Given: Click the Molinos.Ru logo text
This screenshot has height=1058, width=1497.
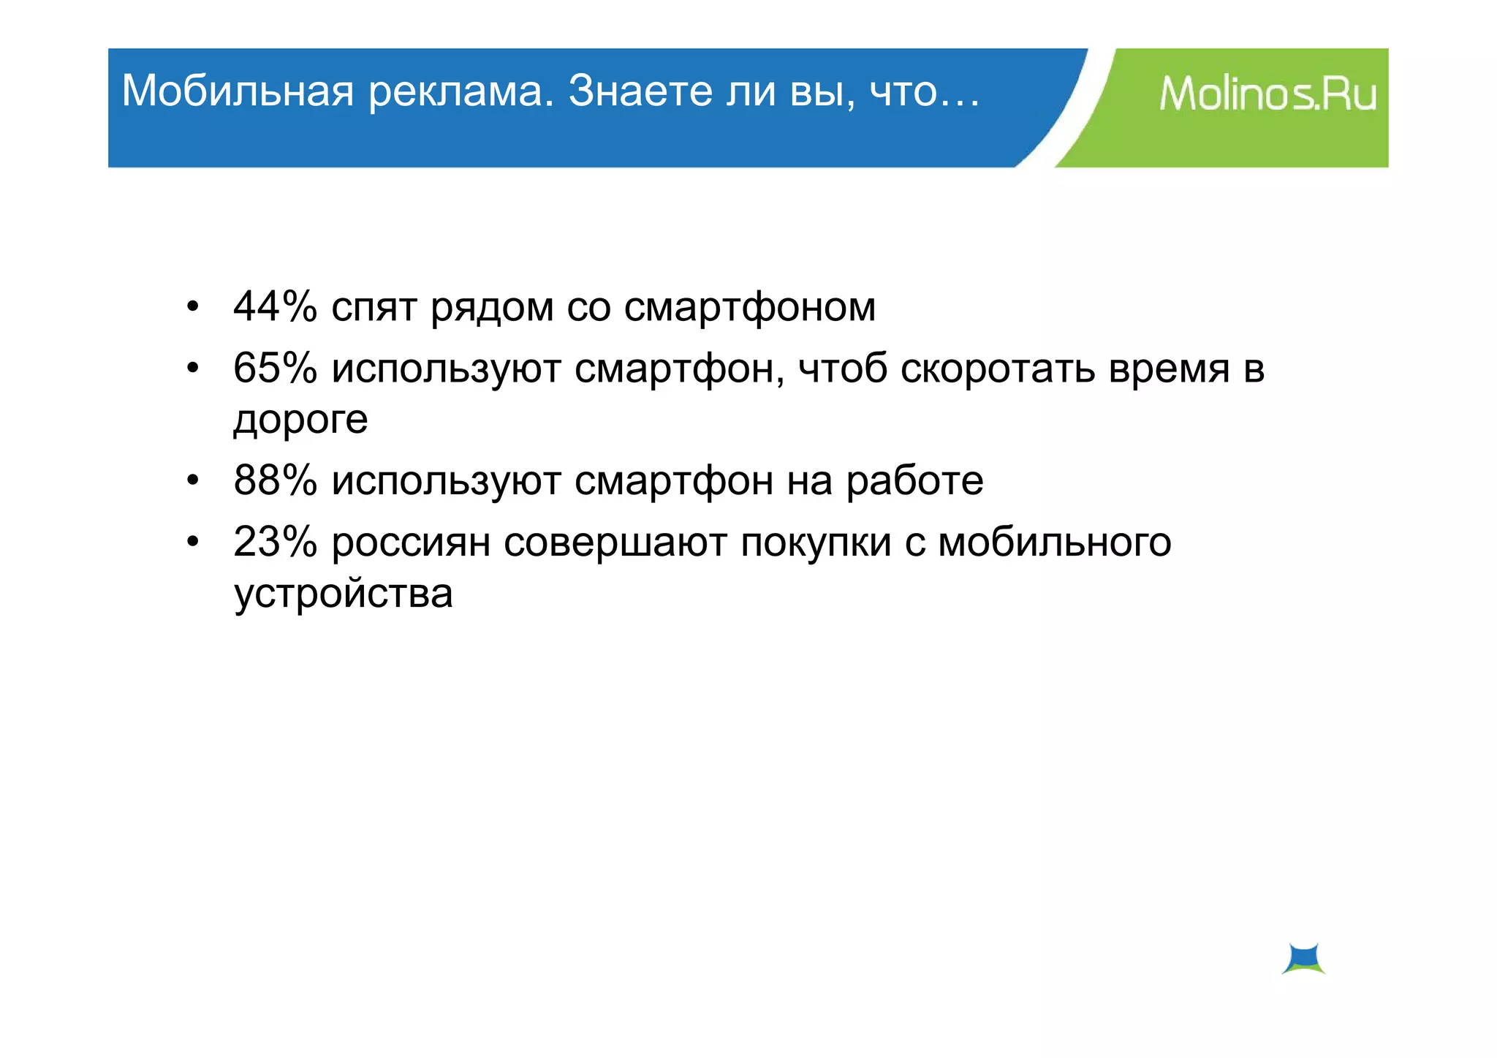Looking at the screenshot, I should coord(1267,94).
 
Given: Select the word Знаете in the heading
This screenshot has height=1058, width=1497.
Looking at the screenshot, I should coord(640,91).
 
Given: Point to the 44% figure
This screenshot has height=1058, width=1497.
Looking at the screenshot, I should coord(275,306).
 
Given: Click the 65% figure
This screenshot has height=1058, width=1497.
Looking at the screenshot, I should coord(275,368).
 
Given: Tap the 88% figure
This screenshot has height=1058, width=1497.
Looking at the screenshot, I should coord(275,480).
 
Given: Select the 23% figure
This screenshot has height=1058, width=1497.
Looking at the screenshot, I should coord(275,542).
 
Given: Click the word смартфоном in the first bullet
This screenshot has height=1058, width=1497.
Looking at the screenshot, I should coord(749,308).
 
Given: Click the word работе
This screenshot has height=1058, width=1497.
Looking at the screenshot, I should coord(914,482).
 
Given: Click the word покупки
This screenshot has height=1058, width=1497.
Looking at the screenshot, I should coord(816,543).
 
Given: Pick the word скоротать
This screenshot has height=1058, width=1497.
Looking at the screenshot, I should coord(998,369).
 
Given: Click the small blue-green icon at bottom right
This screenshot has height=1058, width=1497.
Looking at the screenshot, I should coord(1303,959).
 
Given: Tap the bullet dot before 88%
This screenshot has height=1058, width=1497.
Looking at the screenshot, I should coord(192,480).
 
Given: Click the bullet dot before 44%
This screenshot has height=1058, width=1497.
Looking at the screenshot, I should coord(192,306).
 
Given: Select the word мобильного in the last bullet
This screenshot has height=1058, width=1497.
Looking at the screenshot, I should coord(1054,543).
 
